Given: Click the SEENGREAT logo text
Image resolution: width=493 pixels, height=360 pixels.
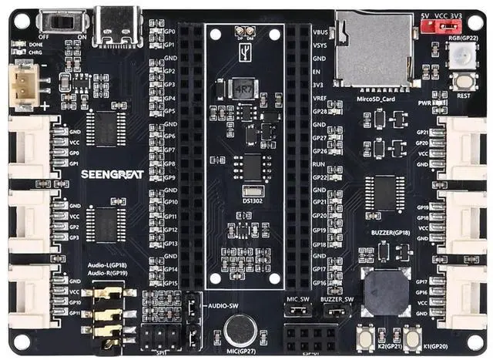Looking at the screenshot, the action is [112, 173].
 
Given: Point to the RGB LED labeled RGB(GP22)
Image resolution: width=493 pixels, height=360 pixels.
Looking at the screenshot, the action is [462, 55].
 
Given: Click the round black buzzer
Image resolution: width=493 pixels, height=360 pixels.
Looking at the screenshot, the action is [386, 292].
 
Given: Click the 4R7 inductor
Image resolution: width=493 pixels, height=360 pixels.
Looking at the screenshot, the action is [243, 89].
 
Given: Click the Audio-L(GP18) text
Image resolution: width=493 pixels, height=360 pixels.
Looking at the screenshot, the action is [108, 264].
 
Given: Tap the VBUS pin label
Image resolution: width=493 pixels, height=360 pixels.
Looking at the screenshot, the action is [321, 33].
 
